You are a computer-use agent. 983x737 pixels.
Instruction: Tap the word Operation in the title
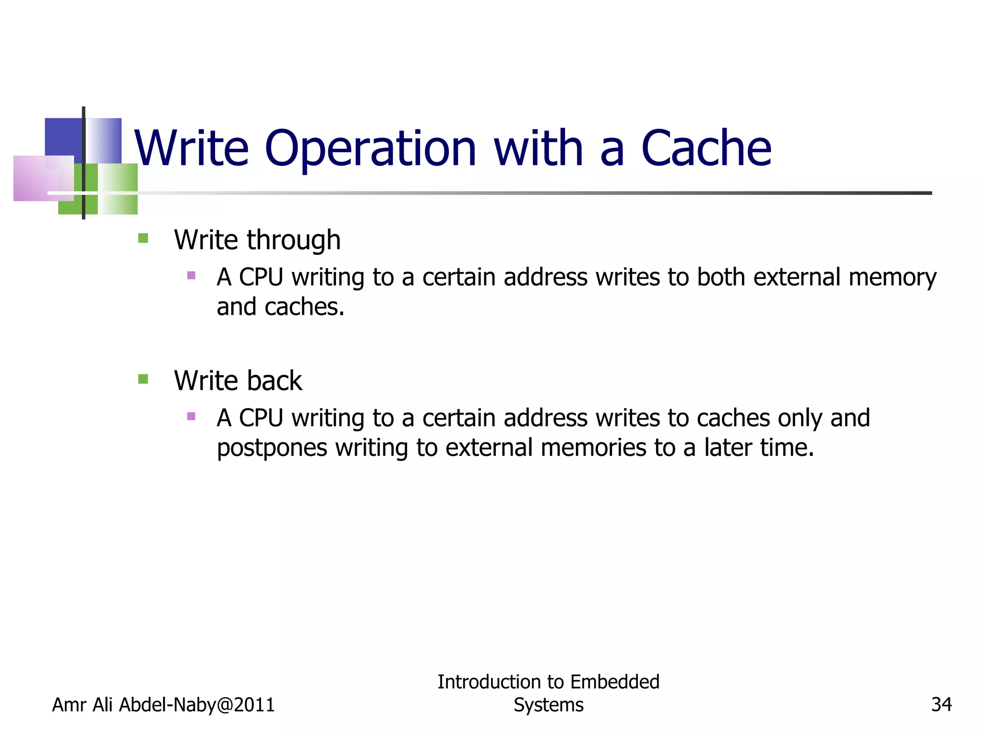point(370,150)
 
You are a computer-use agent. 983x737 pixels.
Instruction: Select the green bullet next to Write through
point(143,238)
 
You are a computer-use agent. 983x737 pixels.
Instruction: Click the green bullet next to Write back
point(143,379)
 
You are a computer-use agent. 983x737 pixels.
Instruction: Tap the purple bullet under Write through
point(191,275)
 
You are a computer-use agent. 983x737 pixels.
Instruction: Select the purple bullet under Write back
point(191,416)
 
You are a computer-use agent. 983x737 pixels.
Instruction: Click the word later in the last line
point(728,448)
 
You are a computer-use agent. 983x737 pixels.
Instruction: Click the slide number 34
point(941,704)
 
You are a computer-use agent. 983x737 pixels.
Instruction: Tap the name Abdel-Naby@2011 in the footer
point(197,705)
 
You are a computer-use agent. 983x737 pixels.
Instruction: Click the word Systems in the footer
point(548,705)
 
